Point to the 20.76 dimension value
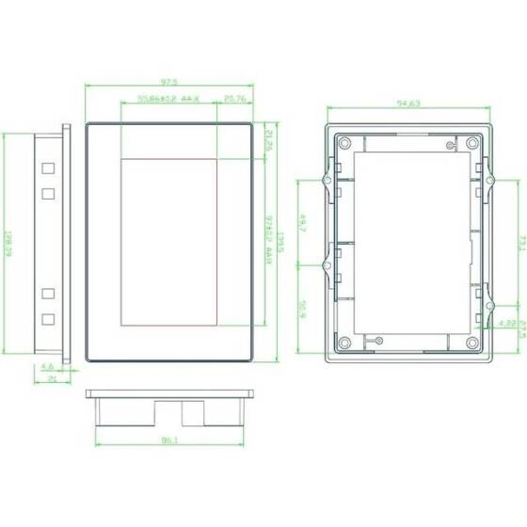(x=235, y=98)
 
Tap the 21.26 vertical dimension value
(x=267, y=141)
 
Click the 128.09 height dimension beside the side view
(x=8, y=246)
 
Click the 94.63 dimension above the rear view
(x=407, y=104)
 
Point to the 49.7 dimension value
(x=303, y=224)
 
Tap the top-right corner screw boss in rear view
(x=470, y=143)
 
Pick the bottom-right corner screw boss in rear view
(x=470, y=342)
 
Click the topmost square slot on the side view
(x=48, y=169)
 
